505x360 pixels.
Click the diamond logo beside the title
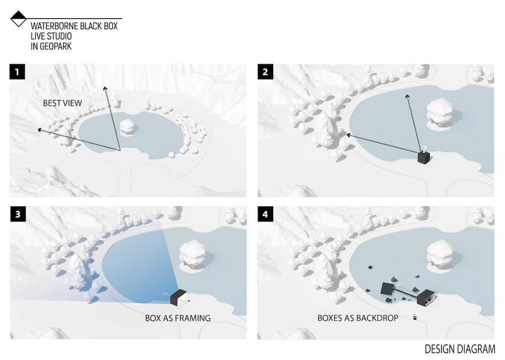(x=18, y=19)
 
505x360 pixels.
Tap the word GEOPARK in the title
(x=56, y=46)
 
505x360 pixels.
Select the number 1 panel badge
(x=17, y=72)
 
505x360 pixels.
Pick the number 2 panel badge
(x=266, y=72)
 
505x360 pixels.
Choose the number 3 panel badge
(x=18, y=214)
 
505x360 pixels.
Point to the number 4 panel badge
(x=266, y=214)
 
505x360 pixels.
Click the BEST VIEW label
(x=63, y=103)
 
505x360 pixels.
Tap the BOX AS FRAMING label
(x=178, y=318)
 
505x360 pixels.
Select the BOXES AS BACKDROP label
(x=358, y=318)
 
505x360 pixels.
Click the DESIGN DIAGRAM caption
(x=460, y=349)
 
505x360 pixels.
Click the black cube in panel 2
(x=424, y=158)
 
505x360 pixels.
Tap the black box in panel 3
(x=178, y=297)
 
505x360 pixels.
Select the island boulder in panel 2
(x=440, y=110)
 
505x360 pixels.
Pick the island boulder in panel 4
(x=440, y=253)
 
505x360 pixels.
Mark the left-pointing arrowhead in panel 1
(x=39, y=130)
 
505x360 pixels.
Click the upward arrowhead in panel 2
(x=407, y=96)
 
